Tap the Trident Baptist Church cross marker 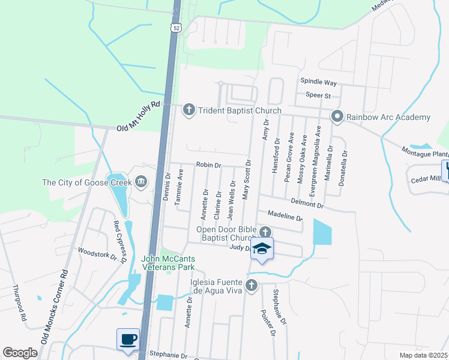(x=189, y=110)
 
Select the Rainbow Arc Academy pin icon (x=337, y=117)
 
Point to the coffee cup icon (x=128, y=340)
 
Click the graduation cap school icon (x=262, y=248)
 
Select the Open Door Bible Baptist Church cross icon (x=265, y=232)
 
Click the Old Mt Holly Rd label (x=139, y=116)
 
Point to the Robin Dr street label (x=209, y=165)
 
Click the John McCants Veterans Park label (x=169, y=263)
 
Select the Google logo (x=20, y=353)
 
